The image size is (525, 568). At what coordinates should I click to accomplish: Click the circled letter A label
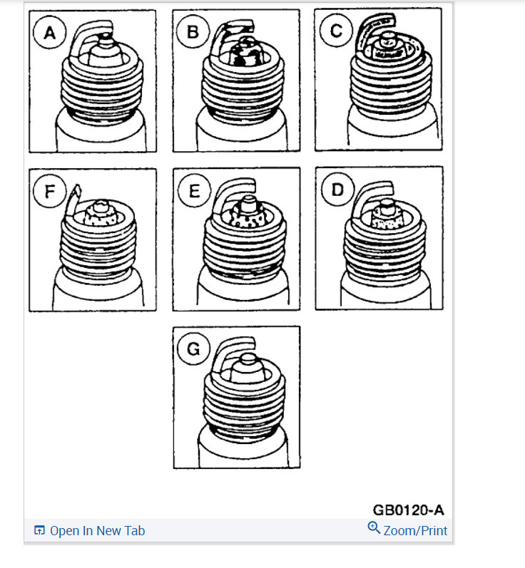pos(49,32)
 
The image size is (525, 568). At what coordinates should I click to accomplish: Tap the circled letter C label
pos(335,30)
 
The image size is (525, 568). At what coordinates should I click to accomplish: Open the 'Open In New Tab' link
pos(97,531)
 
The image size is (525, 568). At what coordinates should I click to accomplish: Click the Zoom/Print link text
pos(415,531)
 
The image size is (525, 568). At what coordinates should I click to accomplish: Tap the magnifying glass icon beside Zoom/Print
pos(374,528)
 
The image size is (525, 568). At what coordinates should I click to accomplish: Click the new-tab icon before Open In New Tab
pos(40,531)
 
